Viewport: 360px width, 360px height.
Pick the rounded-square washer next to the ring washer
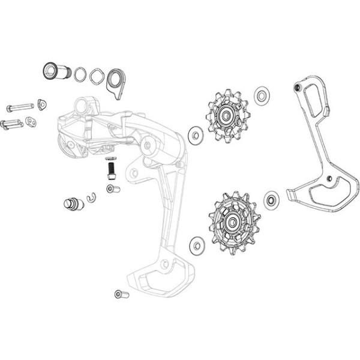point(96,76)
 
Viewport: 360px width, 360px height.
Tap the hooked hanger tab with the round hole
point(114,81)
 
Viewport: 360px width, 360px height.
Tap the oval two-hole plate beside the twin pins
point(31,122)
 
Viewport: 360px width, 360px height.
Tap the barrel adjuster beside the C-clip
point(71,204)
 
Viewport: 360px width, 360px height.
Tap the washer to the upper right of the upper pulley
point(261,95)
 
